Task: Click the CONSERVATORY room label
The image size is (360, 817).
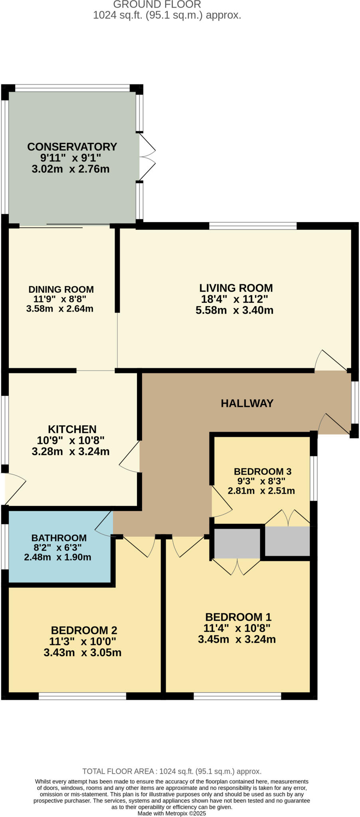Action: coord(72,147)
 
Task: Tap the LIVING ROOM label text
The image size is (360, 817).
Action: coord(236,288)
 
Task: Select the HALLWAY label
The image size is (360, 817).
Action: coord(247,403)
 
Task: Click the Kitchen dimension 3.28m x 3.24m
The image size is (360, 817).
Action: coord(71,452)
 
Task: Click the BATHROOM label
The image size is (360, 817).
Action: coord(59,538)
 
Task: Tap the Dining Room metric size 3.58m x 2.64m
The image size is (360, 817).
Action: coord(60,309)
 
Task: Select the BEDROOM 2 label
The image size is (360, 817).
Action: coord(84,630)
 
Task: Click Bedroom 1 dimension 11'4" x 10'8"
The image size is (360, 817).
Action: coord(237,628)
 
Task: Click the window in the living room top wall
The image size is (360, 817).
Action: coord(253,226)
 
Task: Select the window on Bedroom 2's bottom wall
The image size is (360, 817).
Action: coord(82,696)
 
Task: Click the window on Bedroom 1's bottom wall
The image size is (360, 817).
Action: coord(237,696)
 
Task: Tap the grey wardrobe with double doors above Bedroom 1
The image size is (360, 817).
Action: coord(237,543)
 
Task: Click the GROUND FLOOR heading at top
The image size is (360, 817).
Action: coord(157,5)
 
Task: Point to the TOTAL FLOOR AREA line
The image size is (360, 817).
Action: coord(172,772)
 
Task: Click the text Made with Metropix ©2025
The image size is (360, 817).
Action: coord(172,813)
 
